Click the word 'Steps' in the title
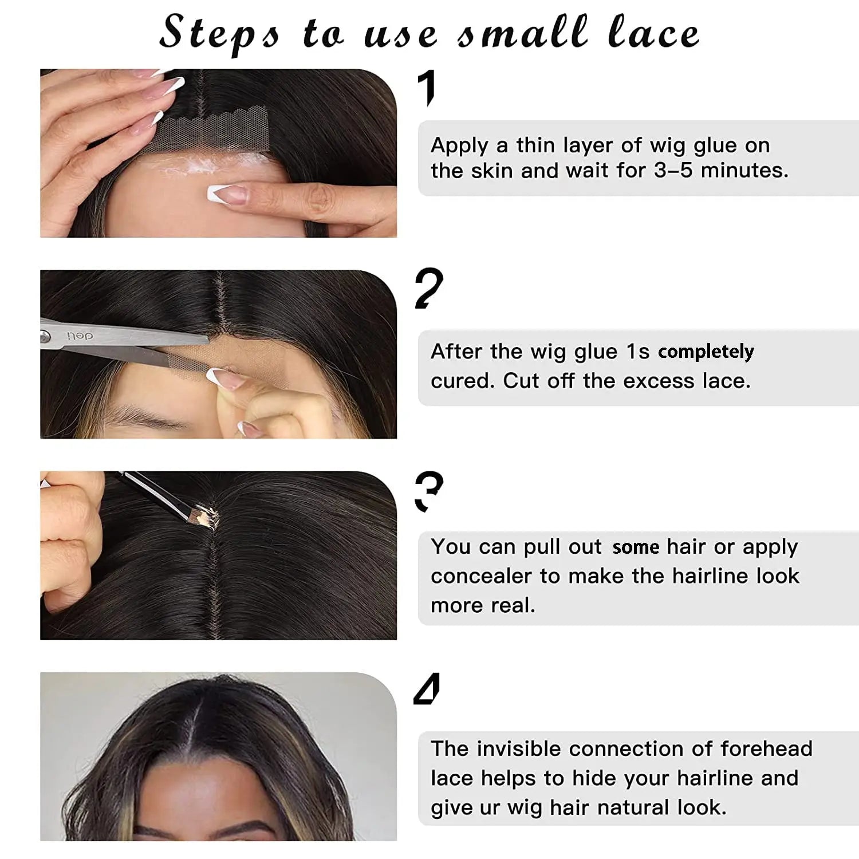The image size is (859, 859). (220, 33)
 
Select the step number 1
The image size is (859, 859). (427, 88)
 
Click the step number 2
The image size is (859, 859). (429, 289)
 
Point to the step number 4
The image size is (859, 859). (427, 689)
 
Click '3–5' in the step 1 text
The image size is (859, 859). (673, 170)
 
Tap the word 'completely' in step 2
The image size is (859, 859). (706, 352)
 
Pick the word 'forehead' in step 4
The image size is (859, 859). (766, 748)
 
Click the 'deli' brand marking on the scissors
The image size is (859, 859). (80, 336)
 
